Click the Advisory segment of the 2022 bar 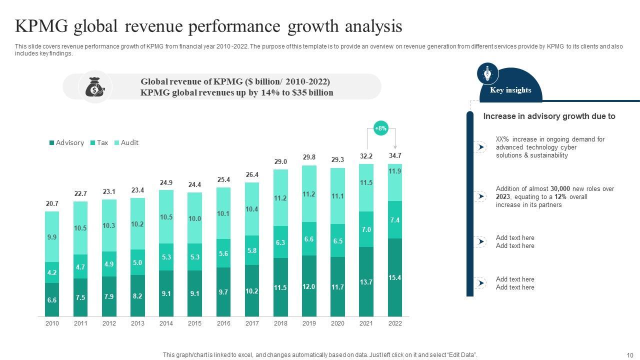395,277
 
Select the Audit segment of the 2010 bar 52,236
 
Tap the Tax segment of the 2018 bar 280,242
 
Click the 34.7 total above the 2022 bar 395,156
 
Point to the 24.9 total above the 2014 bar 166,183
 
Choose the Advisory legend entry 66,142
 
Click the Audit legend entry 126,142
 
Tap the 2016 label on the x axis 223,323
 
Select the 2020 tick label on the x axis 337,323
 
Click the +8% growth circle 381,128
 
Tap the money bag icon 95,87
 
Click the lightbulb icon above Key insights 487,74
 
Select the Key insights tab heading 510,90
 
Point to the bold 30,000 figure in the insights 560,189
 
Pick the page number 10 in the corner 629,355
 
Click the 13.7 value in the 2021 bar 366,282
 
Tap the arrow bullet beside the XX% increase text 480,147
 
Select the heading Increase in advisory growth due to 549,116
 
